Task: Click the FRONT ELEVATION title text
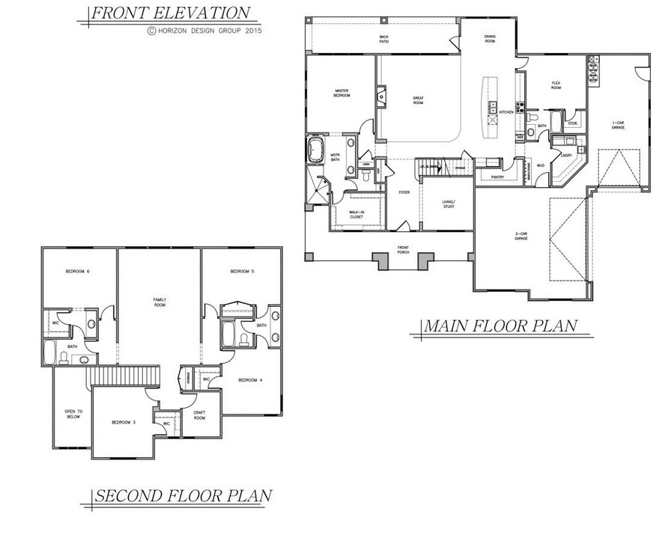point(170,13)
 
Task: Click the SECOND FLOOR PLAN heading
point(181,496)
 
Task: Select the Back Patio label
point(384,39)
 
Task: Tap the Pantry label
point(497,177)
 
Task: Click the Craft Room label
point(199,416)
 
